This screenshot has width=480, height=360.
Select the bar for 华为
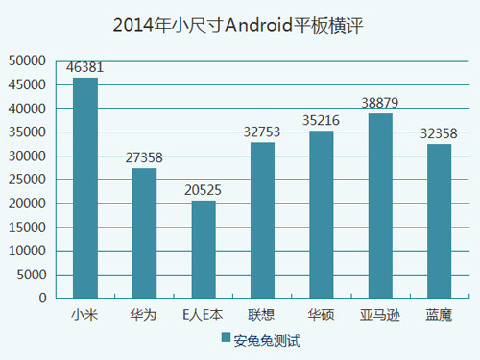point(144,233)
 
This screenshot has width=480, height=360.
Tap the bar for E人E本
point(204,250)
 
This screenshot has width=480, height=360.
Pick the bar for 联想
point(262,220)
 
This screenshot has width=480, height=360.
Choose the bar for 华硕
point(322,214)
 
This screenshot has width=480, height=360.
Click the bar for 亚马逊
point(380,205)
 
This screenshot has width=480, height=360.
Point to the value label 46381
point(85,68)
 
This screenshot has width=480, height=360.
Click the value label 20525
point(204,191)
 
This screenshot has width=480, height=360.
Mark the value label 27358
point(144,158)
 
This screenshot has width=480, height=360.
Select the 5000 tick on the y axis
point(31,275)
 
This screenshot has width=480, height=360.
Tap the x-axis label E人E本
point(204,314)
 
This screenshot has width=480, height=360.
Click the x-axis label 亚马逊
point(380,314)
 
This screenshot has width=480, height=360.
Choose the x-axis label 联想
point(262,314)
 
